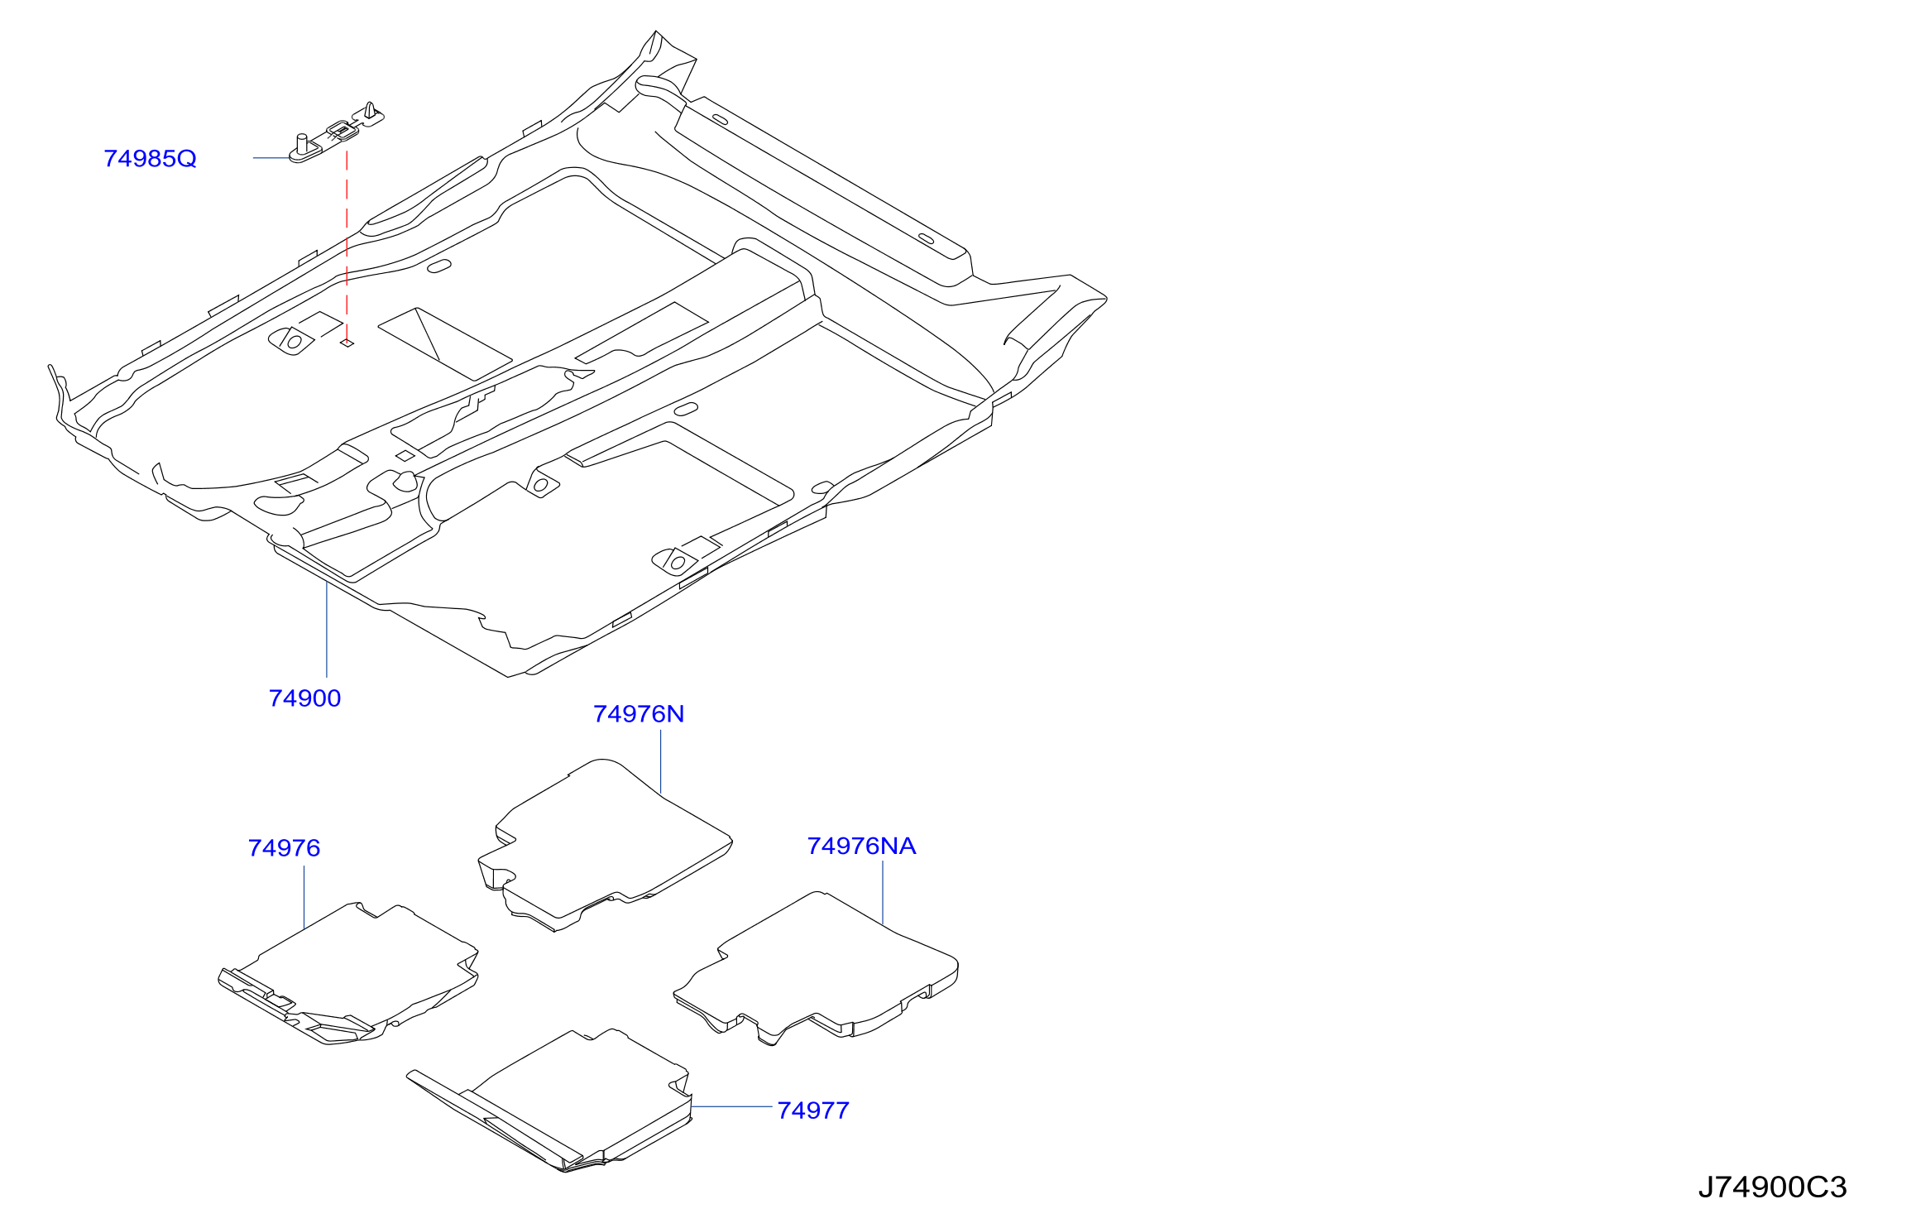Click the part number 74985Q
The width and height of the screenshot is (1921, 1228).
point(150,158)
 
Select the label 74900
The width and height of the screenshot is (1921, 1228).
point(304,698)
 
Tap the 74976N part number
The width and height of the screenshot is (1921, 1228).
point(639,714)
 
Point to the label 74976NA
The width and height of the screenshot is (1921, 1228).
point(861,846)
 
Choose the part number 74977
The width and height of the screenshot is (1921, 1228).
point(813,1110)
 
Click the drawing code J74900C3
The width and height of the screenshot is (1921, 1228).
point(1772,1187)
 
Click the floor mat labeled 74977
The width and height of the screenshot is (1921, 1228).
point(550,1101)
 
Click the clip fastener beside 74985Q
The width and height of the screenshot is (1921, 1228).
point(337,132)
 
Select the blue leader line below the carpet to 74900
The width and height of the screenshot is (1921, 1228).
point(327,630)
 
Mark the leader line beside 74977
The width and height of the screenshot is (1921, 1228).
point(732,1106)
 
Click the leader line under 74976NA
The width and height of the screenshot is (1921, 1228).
point(883,893)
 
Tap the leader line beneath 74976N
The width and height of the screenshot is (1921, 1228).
point(661,762)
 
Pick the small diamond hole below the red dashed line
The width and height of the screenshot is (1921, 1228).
point(347,343)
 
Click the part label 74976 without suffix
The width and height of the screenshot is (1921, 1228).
point(284,848)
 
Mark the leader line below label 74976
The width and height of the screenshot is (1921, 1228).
point(304,897)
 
